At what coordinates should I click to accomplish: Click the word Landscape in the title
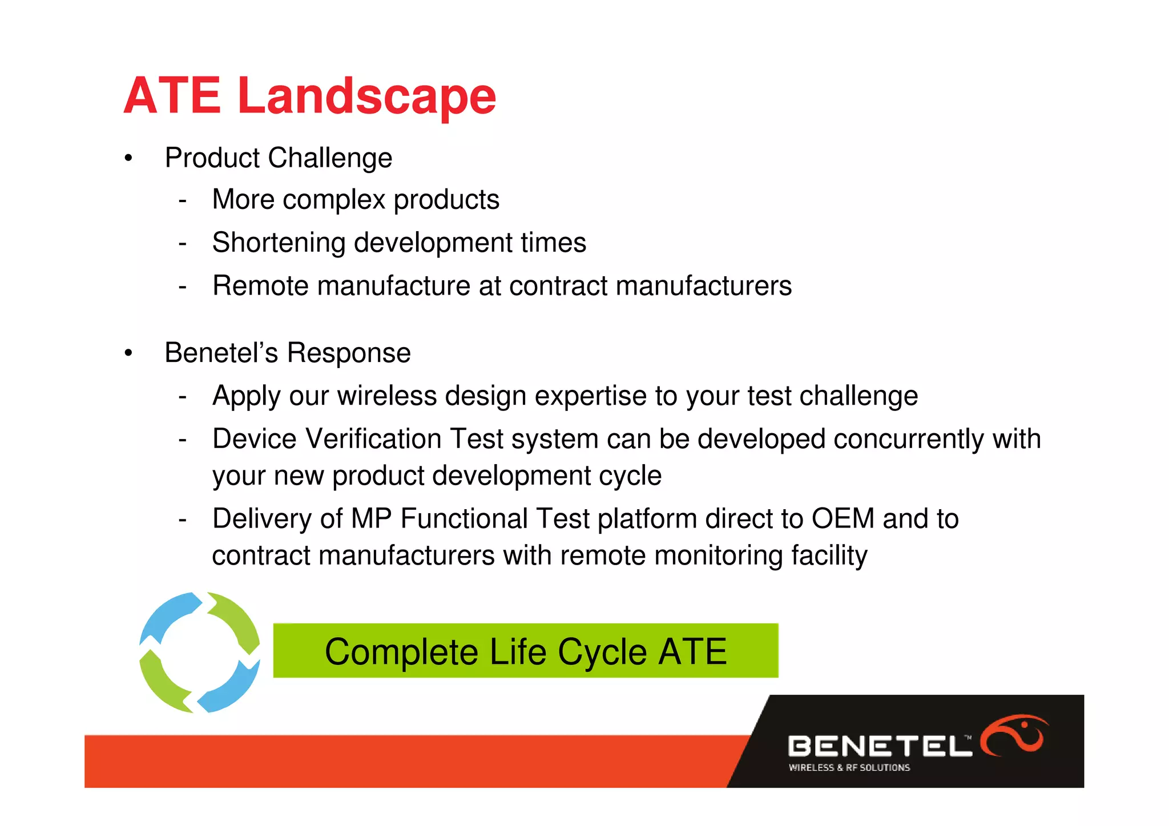coord(366,96)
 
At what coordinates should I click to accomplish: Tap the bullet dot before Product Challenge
coord(128,158)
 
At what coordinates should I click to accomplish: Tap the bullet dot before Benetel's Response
coord(128,353)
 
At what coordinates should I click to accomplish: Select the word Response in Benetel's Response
coord(349,353)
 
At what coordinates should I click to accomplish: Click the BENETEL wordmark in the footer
coord(879,746)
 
